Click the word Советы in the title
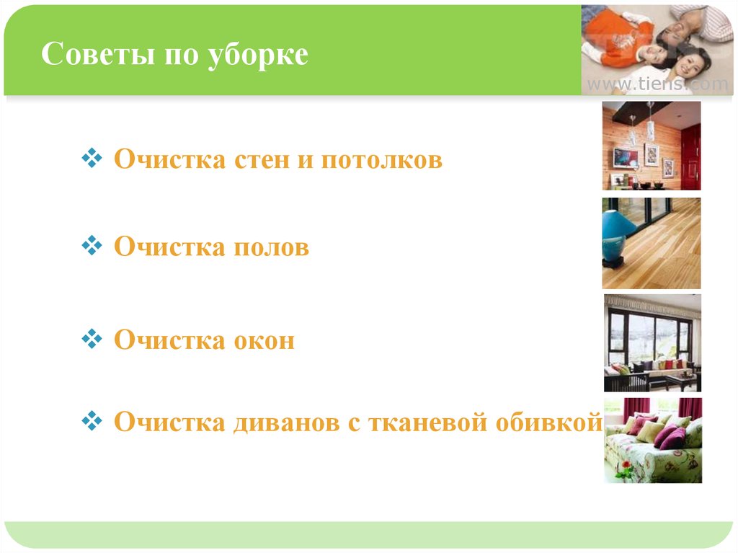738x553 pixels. (x=98, y=53)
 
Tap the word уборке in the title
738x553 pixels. (x=258, y=56)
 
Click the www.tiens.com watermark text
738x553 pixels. (x=657, y=84)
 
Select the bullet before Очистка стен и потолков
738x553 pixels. (x=92, y=158)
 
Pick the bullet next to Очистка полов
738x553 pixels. (x=92, y=245)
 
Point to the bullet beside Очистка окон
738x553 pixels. (x=92, y=339)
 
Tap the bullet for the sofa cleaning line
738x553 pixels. (x=92, y=420)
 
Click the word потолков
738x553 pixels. (x=382, y=159)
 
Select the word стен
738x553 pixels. (x=262, y=159)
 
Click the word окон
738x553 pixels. (x=264, y=340)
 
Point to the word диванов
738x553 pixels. (x=286, y=423)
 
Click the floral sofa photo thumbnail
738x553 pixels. (x=653, y=441)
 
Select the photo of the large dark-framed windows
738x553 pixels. (x=652, y=343)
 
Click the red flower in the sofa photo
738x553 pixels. (x=626, y=465)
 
